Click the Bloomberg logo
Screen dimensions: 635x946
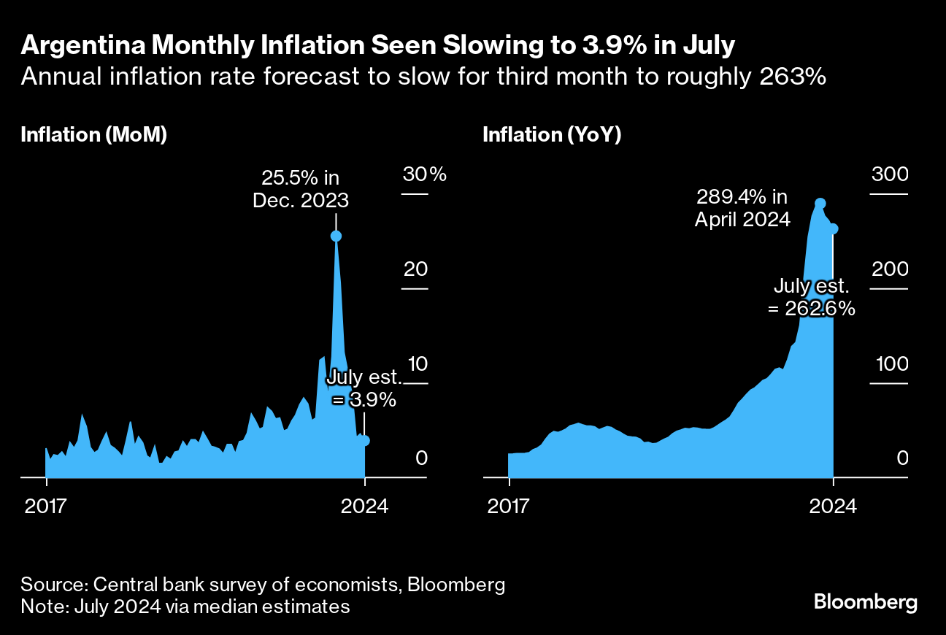coord(865,602)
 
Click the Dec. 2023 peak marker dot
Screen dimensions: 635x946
coord(336,236)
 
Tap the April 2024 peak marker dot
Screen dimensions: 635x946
coord(820,204)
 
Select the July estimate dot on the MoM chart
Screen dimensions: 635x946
coord(365,440)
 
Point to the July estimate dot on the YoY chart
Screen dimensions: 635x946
coord(833,228)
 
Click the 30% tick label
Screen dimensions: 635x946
coord(424,175)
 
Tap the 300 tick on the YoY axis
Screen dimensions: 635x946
coord(888,175)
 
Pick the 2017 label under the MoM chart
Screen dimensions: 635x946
coord(45,505)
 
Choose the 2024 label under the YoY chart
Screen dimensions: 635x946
coord(833,505)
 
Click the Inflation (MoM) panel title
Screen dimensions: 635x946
coord(94,135)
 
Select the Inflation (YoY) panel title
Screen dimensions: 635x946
coord(552,135)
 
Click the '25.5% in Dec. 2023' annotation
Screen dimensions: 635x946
coord(301,188)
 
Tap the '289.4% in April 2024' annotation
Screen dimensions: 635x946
coord(742,207)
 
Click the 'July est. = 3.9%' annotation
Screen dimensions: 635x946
coord(364,388)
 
